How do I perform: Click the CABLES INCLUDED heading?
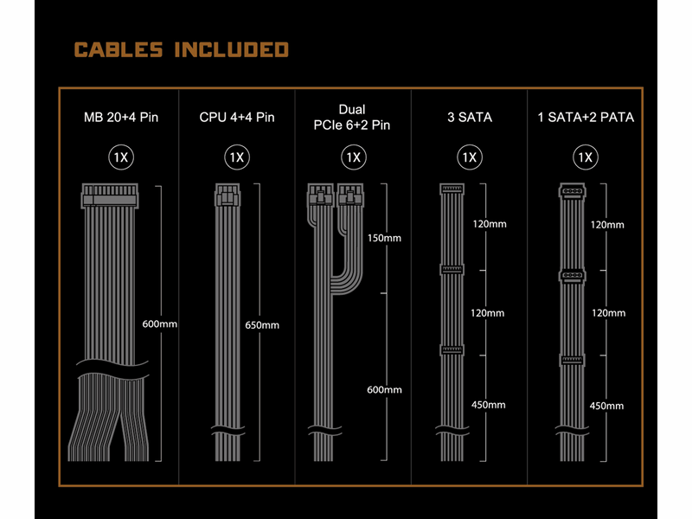click(182, 49)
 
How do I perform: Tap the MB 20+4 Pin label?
click(121, 118)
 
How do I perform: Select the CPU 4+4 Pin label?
click(237, 118)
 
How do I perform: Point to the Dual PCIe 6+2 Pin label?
click(352, 118)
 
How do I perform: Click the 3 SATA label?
click(470, 118)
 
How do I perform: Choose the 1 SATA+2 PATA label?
click(586, 118)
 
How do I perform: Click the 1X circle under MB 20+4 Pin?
click(121, 157)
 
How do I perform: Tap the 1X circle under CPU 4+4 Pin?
click(237, 157)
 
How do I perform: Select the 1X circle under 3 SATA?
click(470, 157)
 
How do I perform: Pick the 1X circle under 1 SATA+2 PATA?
click(586, 157)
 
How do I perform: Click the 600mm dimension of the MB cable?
click(160, 324)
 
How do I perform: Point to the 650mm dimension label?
click(262, 325)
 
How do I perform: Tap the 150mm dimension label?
click(384, 239)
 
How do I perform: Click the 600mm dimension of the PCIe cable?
click(384, 390)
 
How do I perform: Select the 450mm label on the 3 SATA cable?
click(489, 405)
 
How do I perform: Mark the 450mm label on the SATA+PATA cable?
click(607, 406)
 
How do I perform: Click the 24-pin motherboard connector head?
click(110, 196)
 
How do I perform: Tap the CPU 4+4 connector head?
click(227, 195)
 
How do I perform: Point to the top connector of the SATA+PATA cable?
click(573, 191)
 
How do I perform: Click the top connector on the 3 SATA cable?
click(452, 189)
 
